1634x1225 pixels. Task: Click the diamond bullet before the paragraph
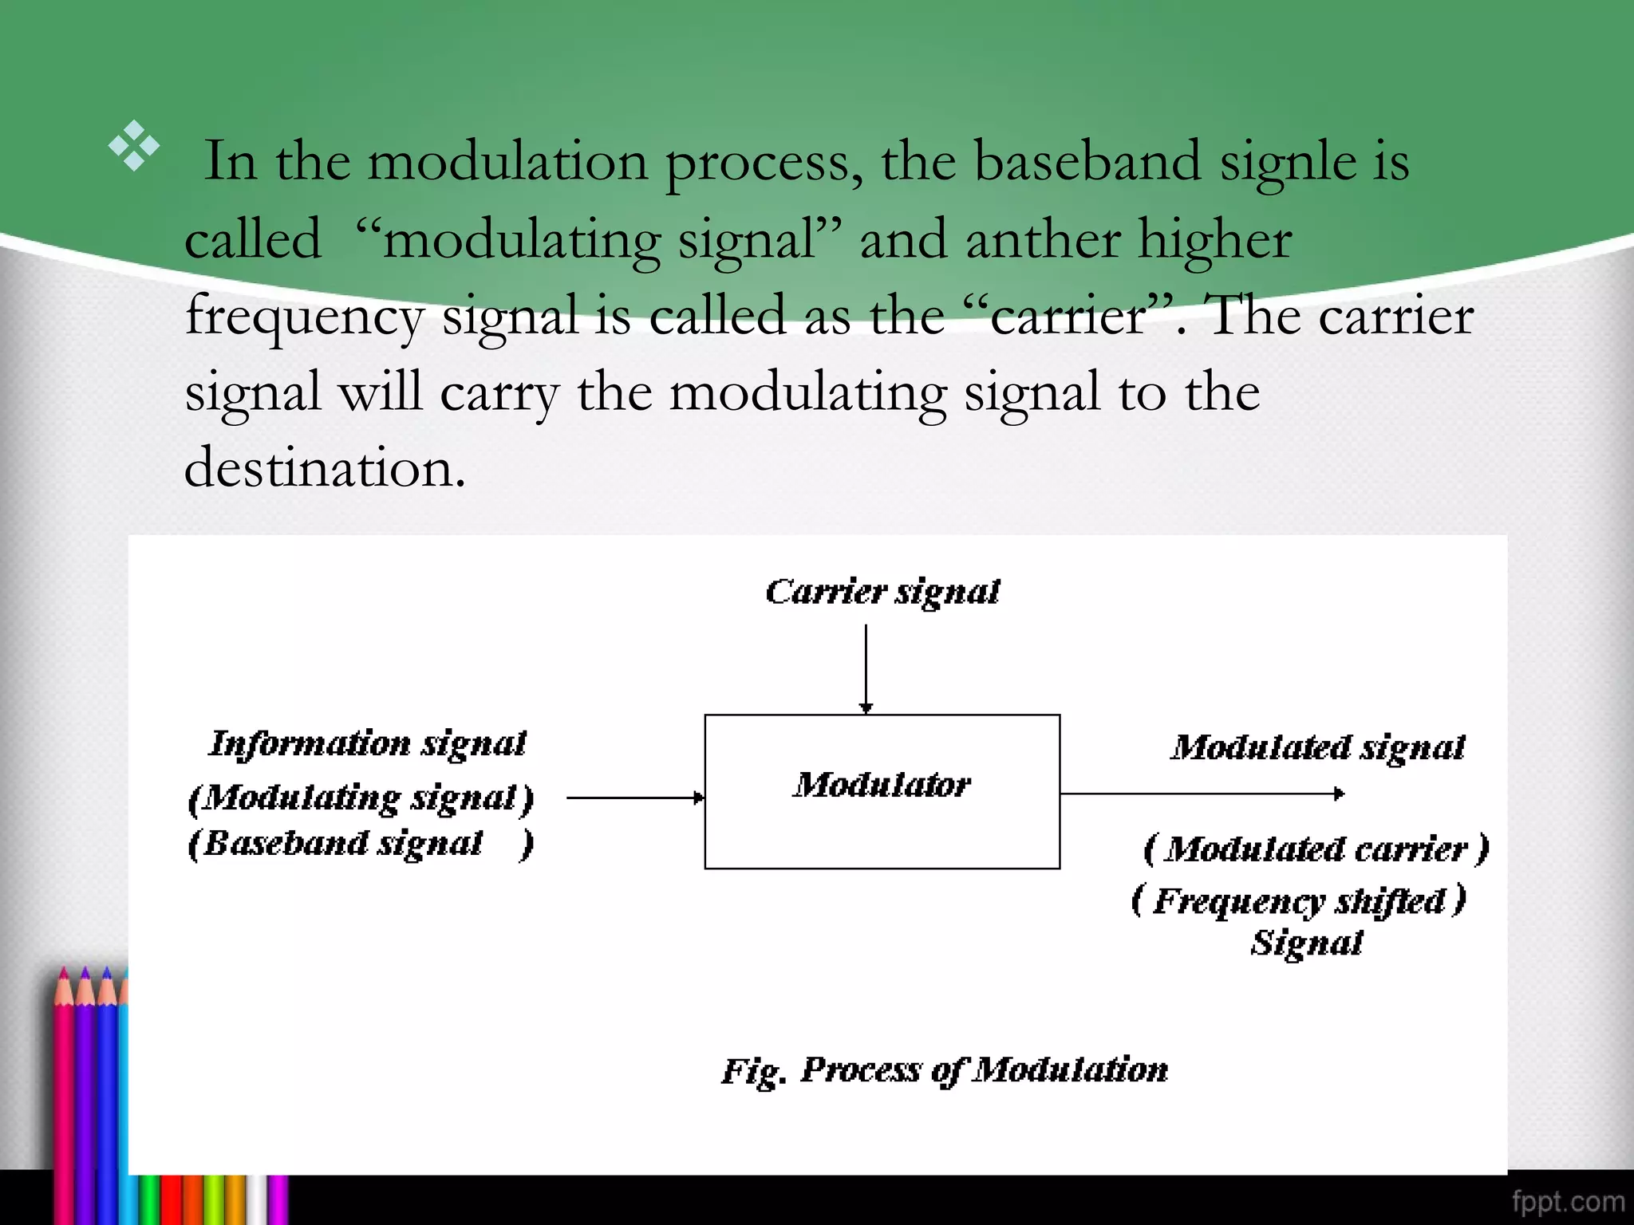(134, 146)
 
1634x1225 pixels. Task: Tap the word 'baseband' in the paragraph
(1087, 162)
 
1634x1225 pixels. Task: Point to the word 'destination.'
(325, 467)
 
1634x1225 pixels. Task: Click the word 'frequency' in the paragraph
(304, 317)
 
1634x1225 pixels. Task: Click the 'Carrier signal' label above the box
(882, 592)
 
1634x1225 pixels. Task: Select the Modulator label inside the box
(882, 785)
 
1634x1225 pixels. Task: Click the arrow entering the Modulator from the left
(635, 797)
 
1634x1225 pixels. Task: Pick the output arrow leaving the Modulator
(1202, 794)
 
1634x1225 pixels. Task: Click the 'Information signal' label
(368, 743)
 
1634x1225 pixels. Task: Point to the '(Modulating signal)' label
(361, 798)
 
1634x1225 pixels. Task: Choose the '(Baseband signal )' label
(361, 844)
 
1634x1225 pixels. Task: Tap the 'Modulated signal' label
(1317, 747)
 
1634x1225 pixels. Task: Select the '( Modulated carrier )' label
(1316, 849)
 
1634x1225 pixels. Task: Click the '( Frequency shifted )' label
(1298, 901)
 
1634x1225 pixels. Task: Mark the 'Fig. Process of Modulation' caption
(945, 1070)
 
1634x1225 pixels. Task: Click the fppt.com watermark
(1568, 1201)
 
